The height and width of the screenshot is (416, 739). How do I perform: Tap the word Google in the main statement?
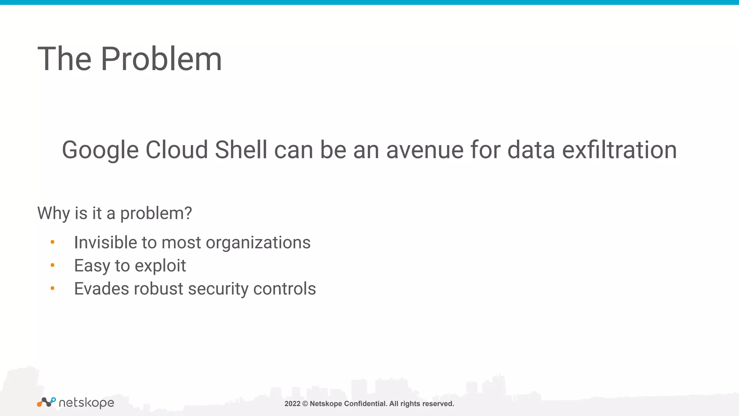pyautogui.click(x=100, y=150)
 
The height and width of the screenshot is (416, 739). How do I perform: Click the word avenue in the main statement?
pyautogui.click(x=424, y=150)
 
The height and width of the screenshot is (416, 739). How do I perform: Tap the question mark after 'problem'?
pyautogui.click(x=188, y=213)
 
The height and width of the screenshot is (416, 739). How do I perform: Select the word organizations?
pyautogui.click(x=258, y=243)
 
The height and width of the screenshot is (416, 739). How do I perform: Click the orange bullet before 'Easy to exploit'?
pyautogui.click(x=52, y=265)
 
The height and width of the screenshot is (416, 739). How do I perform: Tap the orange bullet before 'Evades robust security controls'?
pyautogui.click(x=52, y=288)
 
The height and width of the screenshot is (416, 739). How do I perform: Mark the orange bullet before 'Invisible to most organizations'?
pyautogui.click(x=52, y=242)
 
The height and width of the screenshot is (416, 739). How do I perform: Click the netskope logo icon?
pyautogui.click(x=46, y=402)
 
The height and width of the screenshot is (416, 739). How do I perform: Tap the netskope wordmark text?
pyautogui.click(x=86, y=403)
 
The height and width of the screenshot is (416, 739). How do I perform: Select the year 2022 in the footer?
pyautogui.click(x=292, y=404)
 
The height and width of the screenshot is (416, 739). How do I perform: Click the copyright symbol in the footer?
pyautogui.click(x=305, y=404)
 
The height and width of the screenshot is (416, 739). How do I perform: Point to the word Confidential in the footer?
pyautogui.click(x=365, y=404)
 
